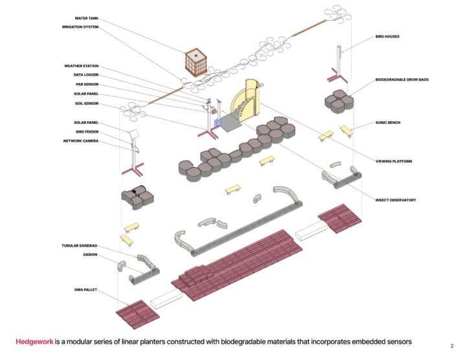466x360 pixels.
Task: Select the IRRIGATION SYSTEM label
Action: [x=80, y=27]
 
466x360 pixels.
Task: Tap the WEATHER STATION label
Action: [x=81, y=66]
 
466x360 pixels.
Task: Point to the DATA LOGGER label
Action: [x=85, y=75]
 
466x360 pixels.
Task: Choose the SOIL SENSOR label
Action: [x=86, y=103]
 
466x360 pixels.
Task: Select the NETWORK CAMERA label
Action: [x=81, y=141]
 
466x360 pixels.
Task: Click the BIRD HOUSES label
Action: [x=387, y=37]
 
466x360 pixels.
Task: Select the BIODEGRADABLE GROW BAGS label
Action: [x=402, y=80]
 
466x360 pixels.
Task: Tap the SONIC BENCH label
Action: [x=389, y=122]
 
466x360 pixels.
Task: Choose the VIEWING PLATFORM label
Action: [x=394, y=161]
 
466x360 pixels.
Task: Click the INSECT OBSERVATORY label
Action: [x=396, y=200]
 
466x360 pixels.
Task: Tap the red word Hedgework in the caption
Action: [x=34, y=341]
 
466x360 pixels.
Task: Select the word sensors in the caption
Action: [x=396, y=341]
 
